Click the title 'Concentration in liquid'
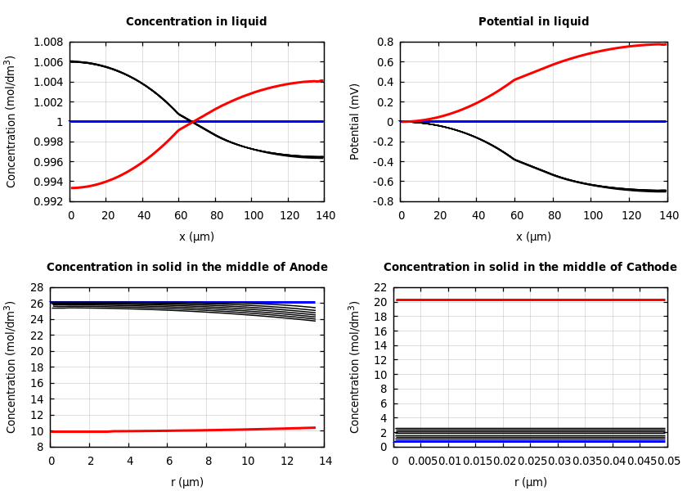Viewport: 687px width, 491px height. [x=196, y=22]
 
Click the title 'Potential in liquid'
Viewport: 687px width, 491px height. [x=533, y=22]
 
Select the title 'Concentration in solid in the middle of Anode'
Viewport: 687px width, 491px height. [x=186, y=268]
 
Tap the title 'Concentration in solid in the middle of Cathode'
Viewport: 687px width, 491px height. [x=530, y=268]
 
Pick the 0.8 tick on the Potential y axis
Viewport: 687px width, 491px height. [x=384, y=43]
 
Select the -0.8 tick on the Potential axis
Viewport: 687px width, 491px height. [x=383, y=201]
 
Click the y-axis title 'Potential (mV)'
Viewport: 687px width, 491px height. [x=355, y=121]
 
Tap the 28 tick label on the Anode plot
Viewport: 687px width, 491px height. [x=36, y=288]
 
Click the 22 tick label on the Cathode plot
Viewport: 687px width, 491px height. [x=379, y=288]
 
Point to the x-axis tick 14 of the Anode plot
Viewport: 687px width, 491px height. [x=325, y=462]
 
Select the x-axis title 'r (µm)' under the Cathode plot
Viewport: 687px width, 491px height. [x=531, y=482]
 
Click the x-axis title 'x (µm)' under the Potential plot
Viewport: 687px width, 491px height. [x=533, y=236]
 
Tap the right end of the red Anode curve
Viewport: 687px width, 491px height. [x=315, y=427]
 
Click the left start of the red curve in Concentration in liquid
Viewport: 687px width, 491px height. [x=72, y=187]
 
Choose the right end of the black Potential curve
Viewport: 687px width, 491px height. [x=666, y=191]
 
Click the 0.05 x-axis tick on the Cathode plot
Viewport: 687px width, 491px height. [x=669, y=462]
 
